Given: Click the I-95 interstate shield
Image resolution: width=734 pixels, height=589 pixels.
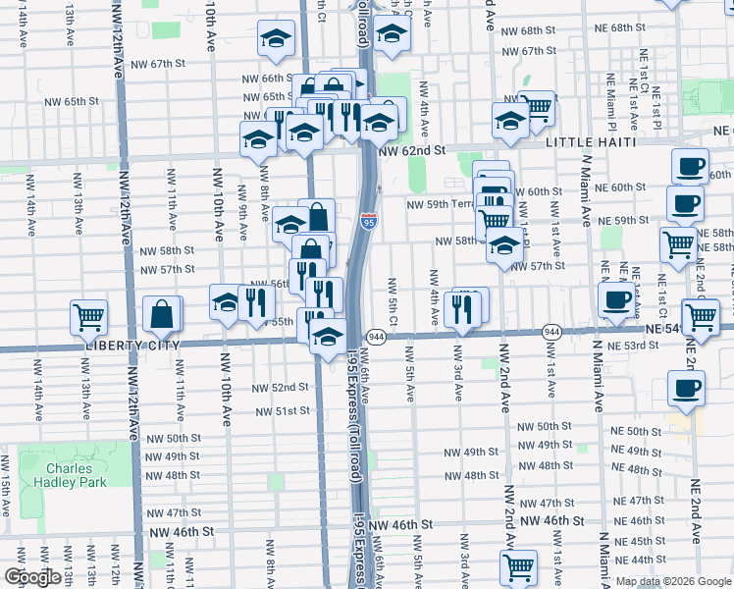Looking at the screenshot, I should [368, 222].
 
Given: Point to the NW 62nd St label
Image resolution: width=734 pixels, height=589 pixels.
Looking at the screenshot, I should [411, 152].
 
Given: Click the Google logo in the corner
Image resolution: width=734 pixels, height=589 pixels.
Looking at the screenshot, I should [32, 577].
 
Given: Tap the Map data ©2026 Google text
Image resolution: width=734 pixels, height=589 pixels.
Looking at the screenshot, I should [672, 581].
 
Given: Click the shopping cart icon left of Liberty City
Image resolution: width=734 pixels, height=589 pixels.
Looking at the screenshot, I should [88, 317].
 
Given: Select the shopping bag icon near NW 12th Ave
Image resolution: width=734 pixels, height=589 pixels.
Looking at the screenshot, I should [162, 314].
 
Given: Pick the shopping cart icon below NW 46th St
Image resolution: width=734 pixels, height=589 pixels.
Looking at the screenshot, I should [518, 566].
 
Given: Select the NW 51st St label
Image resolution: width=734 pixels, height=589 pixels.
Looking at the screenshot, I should [283, 411].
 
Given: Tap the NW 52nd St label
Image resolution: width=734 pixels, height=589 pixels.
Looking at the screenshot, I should [283, 388].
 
